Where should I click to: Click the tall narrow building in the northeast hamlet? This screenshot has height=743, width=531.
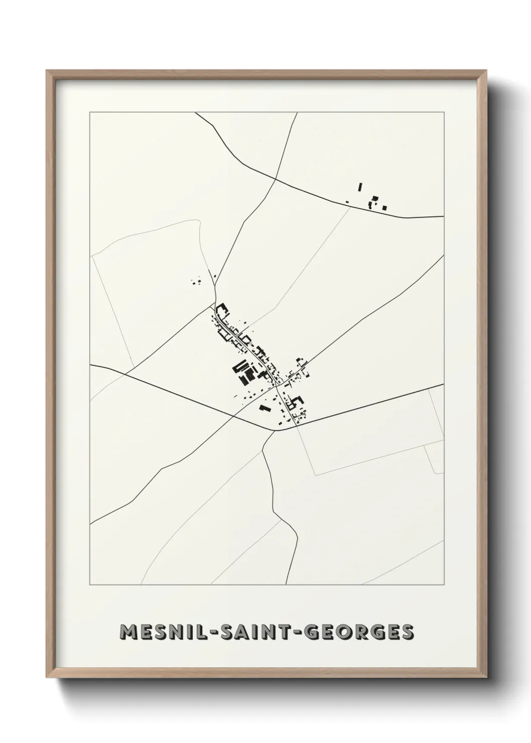coord(360,187)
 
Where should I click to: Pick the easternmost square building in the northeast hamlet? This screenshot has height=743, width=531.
coord(384,207)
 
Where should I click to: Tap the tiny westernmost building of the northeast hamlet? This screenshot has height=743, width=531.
coord(347,202)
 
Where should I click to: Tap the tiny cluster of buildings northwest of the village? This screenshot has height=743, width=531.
coord(196,282)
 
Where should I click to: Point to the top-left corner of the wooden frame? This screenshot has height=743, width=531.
coord(47,71)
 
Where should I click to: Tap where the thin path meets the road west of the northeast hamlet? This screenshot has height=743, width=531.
coord(350,206)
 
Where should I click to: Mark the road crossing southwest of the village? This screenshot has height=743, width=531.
coord(233,415)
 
